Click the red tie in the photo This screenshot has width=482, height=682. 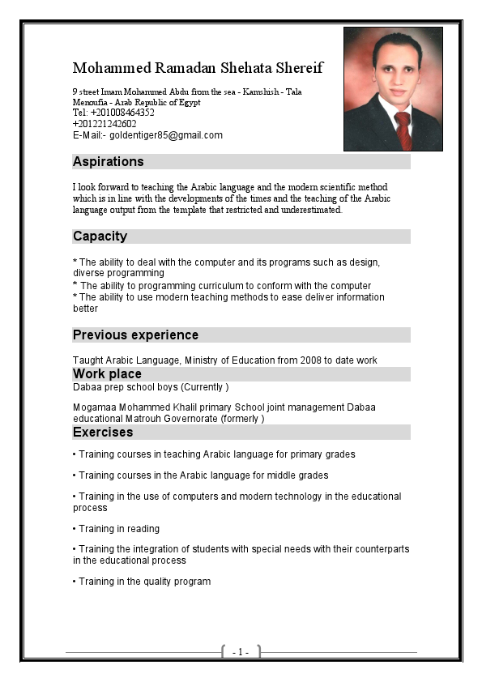403,129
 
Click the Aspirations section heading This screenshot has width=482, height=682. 108,162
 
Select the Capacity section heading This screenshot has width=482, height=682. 100,237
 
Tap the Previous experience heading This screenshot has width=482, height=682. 135,335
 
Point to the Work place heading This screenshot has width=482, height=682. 107,374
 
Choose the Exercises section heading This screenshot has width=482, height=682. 103,433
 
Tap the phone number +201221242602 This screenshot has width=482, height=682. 105,124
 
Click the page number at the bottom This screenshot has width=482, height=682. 241,652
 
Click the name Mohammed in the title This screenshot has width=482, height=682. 109,67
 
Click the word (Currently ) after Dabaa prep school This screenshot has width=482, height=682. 204,388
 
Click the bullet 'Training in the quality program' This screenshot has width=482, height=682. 142,582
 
